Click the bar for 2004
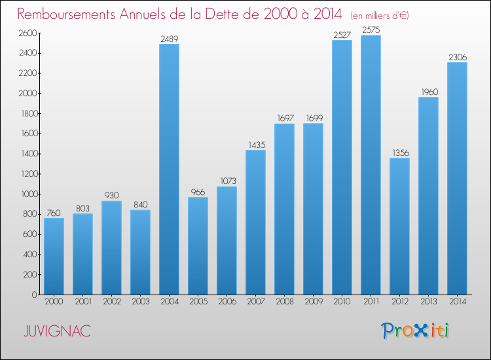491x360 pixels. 169,169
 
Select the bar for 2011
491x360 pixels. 371,165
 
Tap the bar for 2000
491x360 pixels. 54,256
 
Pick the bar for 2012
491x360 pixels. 399,226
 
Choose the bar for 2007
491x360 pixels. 255,222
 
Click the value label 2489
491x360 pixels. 169,39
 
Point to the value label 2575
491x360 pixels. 371,30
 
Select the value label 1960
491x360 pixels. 428,92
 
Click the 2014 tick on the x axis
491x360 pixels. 457,302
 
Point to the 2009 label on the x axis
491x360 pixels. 313,302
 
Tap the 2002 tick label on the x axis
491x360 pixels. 111,302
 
